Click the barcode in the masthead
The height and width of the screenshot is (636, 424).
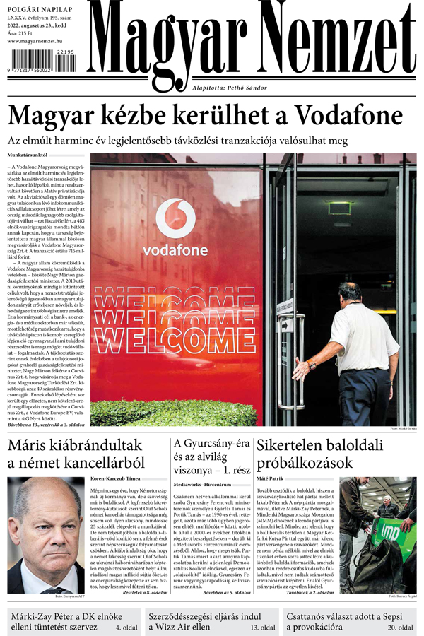point(41,69)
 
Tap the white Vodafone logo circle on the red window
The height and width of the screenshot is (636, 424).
point(175,218)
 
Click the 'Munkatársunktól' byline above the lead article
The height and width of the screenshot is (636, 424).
point(28,153)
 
